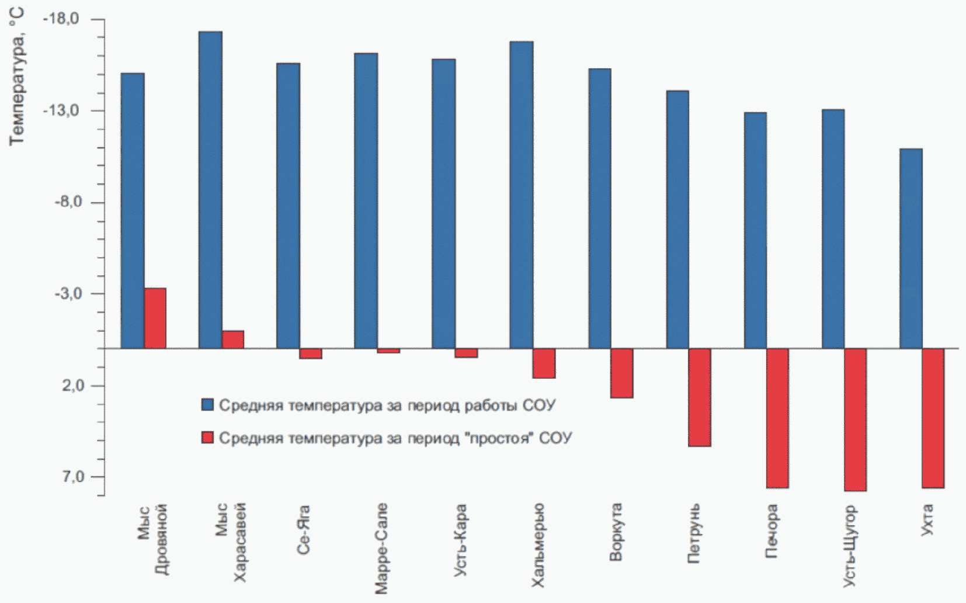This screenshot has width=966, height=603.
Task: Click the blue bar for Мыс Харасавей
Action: (x=210, y=190)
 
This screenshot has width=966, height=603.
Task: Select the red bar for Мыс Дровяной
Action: (x=155, y=318)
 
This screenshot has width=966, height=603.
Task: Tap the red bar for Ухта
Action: (x=933, y=418)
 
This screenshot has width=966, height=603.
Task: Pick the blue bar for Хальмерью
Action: (x=522, y=195)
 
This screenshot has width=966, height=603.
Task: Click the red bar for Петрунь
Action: (x=700, y=397)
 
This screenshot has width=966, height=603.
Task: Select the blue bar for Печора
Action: (x=755, y=230)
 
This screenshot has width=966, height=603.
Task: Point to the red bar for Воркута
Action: (x=622, y=373)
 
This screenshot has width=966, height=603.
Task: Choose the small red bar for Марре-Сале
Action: (x=388, y=351)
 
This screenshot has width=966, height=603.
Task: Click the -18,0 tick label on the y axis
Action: (x=61, y=19)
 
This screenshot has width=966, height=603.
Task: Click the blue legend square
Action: (x=207, y=404)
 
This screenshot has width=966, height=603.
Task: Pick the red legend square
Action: (x=207, y=438)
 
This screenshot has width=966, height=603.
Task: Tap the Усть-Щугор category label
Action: (x=849, y=546)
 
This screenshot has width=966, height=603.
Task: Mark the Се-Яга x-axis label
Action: (x=303, y=529)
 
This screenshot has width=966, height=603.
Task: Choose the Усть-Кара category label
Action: (x=460, y=540)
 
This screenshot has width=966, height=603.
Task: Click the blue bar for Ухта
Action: (x=911, y=248)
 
